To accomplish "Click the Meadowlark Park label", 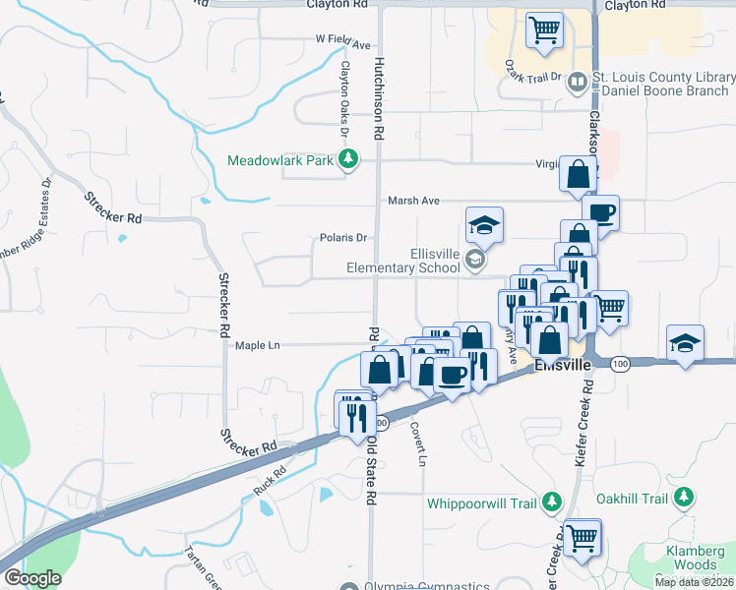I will [x=281, y=160].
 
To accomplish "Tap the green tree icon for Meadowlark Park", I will [x=346, y=159].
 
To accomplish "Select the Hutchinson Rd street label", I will [x=377, y=98].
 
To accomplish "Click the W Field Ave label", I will [x=342, y=45].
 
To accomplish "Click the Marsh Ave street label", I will [x=413, y=201].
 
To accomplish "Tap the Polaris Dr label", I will [x=342, y=238].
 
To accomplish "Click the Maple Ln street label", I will [x=258, y=345].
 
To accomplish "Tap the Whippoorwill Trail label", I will [x=481, y=503].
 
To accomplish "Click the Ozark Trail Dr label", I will [x=532, y=77].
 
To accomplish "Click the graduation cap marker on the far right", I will [x=685, y=343].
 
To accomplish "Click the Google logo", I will [x=33, y=578].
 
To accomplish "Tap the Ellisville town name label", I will [x=562, y=365].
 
